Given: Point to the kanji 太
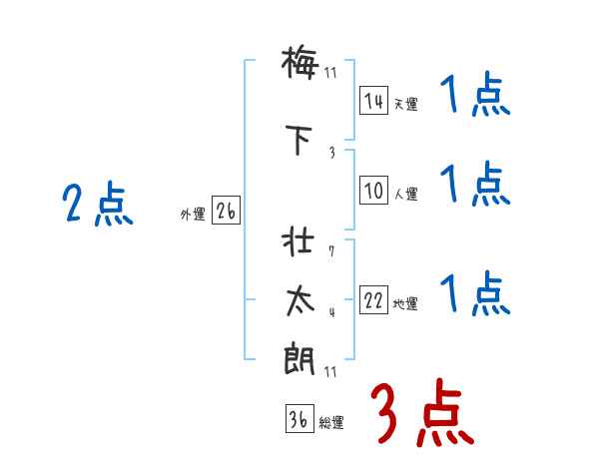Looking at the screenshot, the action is (299, 301).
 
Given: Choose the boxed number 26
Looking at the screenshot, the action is (226, 212).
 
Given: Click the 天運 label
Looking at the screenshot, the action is (405, 104).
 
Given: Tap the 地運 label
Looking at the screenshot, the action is (405, 304).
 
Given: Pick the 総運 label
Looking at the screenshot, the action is (331, 423).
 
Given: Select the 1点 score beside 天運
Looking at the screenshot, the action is (474, 97).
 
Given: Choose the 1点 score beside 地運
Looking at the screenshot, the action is (474, 294).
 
